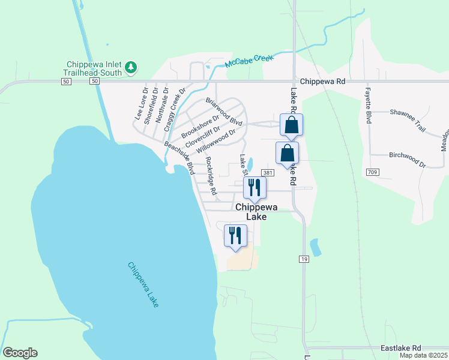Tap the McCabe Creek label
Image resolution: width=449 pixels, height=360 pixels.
point(249,61)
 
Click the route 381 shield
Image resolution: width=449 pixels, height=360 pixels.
point(268,173)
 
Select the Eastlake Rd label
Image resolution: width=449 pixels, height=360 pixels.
point(401,347)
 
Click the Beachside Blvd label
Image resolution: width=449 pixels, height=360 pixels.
point(179,155)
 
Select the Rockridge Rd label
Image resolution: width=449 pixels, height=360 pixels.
point(210,176)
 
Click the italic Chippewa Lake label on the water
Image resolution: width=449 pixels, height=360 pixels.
point(143,284)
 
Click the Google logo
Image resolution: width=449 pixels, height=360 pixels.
point(20,353)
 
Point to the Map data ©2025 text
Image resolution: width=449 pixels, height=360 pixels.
point(423,355)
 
